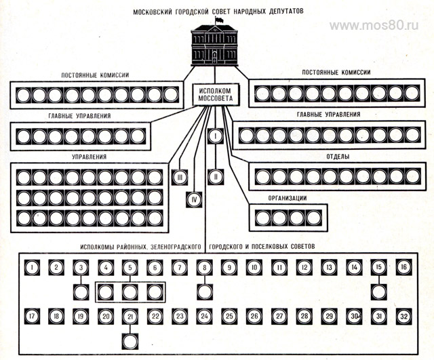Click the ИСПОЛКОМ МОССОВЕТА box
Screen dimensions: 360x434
[214, 96]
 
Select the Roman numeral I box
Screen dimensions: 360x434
[215, 136]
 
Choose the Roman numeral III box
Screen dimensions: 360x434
[180, 177]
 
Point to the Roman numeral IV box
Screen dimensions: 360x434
[193, 199]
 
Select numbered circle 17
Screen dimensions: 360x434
[33, 316]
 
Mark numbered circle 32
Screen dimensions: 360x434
[403, 316]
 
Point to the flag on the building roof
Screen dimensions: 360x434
[218, 21]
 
